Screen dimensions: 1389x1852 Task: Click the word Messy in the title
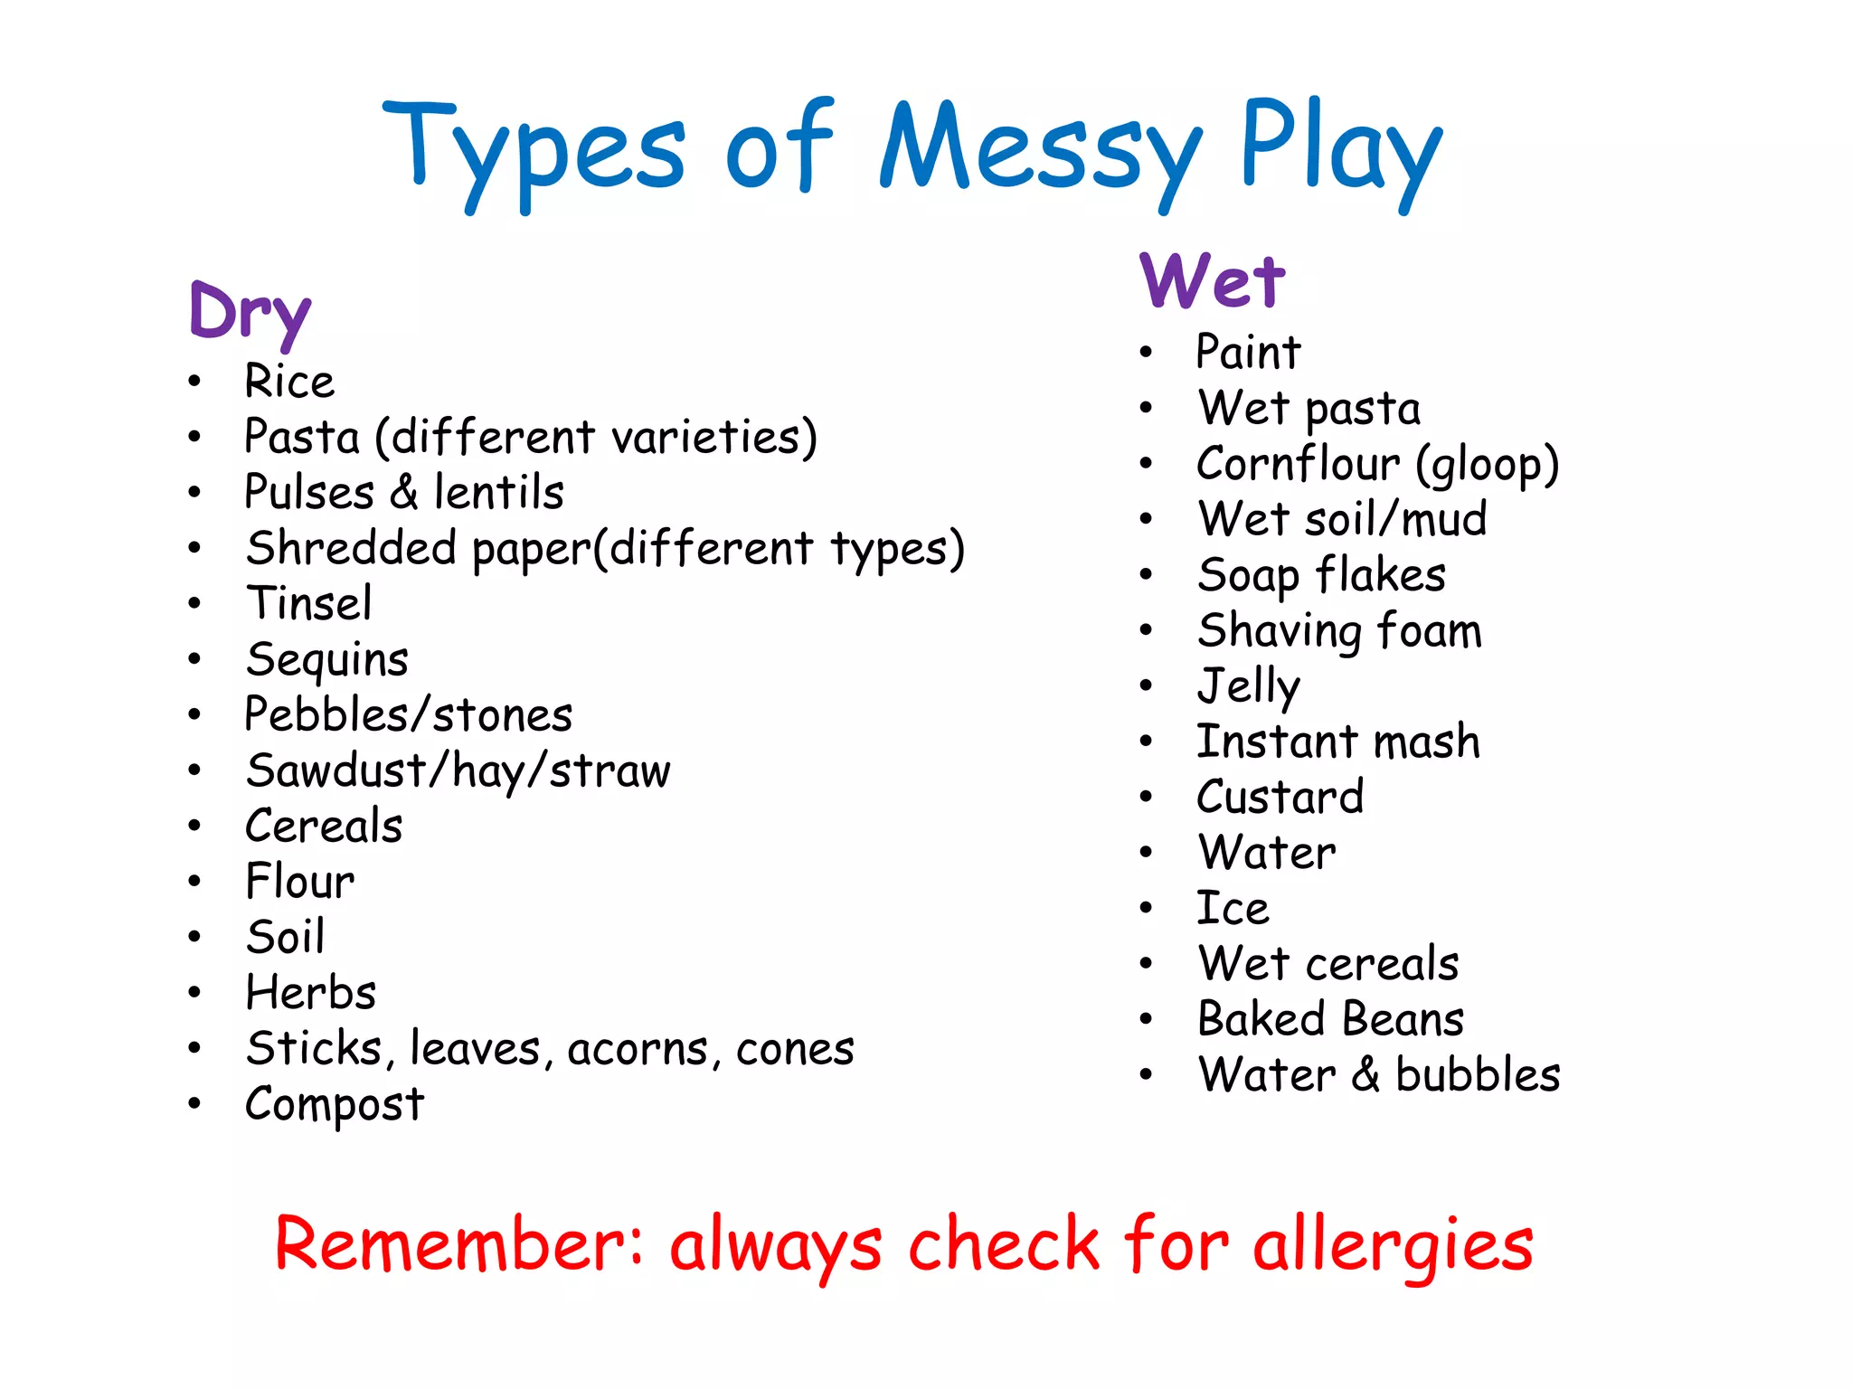tap(1040, 149)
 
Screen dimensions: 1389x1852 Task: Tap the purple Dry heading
tap(250, 312)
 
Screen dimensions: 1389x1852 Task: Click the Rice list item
tap(289, 381)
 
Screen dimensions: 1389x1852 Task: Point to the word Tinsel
tap(308, 603)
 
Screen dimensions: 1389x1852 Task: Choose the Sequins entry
tap(326, 659)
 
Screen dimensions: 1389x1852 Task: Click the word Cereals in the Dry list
tap(324, 826)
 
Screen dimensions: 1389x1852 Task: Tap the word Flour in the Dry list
tap(300, 882)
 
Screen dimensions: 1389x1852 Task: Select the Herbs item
tap(311, 992)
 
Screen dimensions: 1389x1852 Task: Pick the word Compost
tap(335, 1104)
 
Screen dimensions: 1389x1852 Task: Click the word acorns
tap(638, 1049)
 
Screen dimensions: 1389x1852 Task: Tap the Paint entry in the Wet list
tap(1248, 352)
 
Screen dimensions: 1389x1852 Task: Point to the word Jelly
tap(1249, 686)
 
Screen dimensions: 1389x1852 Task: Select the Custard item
tap(1280, 797)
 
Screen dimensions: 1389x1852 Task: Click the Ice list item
tap(1233, 908)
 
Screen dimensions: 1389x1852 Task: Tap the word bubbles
tap(1478, 1075)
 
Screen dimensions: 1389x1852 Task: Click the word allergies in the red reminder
tap(1393, 1246)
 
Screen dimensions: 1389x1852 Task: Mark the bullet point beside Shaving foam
tap(1147, 630)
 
